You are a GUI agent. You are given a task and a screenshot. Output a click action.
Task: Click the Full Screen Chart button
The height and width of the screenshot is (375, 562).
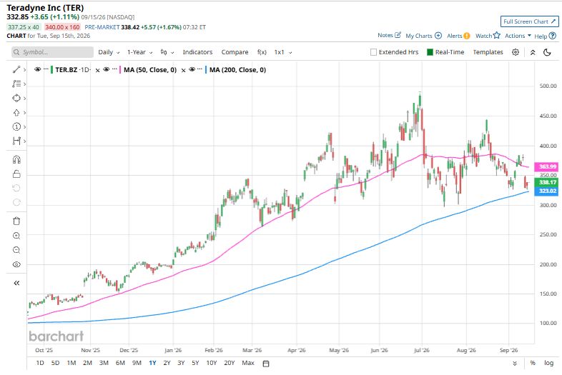pyautogui.click(x=529, y=21)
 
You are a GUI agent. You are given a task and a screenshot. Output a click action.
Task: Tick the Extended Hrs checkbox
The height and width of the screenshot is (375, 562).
pyautogui.click(x=373, y=52)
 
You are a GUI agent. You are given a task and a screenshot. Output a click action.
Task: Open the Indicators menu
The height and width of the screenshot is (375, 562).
pyautogui.click(x=197, y=52)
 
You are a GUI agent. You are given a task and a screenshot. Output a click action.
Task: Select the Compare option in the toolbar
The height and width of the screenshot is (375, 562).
pyautogui.click(x=235, y=52)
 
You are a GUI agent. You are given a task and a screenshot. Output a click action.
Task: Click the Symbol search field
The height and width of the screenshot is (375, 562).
pyautogui.click(x=52, y=52)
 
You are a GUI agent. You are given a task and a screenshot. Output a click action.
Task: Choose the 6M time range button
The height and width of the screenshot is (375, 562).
pyautogui.click(x=120, y=363)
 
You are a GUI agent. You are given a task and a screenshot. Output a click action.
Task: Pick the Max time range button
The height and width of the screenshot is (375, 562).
pyautogui.click(x=248, y=363)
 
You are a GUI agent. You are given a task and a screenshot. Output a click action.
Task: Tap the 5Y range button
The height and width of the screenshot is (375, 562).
pyautogui.click(x=195, y=363)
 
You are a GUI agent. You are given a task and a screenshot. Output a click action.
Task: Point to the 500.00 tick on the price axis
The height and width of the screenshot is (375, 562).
pyautogui.click(x=548, y=86)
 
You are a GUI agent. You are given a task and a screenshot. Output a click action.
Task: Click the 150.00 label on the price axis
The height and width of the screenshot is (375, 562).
pyautogui.click(x=548, y=294)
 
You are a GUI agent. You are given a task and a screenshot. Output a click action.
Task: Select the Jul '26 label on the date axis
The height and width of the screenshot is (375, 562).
pyautogui.click(x=422, y=350)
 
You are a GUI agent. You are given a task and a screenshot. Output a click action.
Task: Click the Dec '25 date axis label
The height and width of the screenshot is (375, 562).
pyautogui.click(x=129, y=350)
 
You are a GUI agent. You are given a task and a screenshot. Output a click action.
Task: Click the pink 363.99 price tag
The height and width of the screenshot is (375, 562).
pyautogui.click(x=547, y=166)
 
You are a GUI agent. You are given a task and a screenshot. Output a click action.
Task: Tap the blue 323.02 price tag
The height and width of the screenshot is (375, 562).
pyautogui.click(x=547, y=191)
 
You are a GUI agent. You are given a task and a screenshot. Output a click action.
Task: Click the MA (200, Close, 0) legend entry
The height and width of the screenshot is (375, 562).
pyautogui.click(x=237, y=70)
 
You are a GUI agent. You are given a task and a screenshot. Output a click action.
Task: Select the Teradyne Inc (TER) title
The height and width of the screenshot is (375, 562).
pyautogui.click(x=45, y=8)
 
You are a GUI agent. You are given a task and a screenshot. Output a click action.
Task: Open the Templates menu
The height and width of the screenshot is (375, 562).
pyautogui.click(x=488, y=52)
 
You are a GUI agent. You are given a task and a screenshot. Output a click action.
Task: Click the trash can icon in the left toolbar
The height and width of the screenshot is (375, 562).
pyautogui.click(x=16, y=221)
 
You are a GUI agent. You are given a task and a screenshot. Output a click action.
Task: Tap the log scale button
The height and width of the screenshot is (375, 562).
pyautogui.click(x=548, y=363)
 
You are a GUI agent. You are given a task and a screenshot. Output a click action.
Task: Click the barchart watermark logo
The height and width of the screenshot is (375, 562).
pyautogui.click(x=56, y=336)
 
